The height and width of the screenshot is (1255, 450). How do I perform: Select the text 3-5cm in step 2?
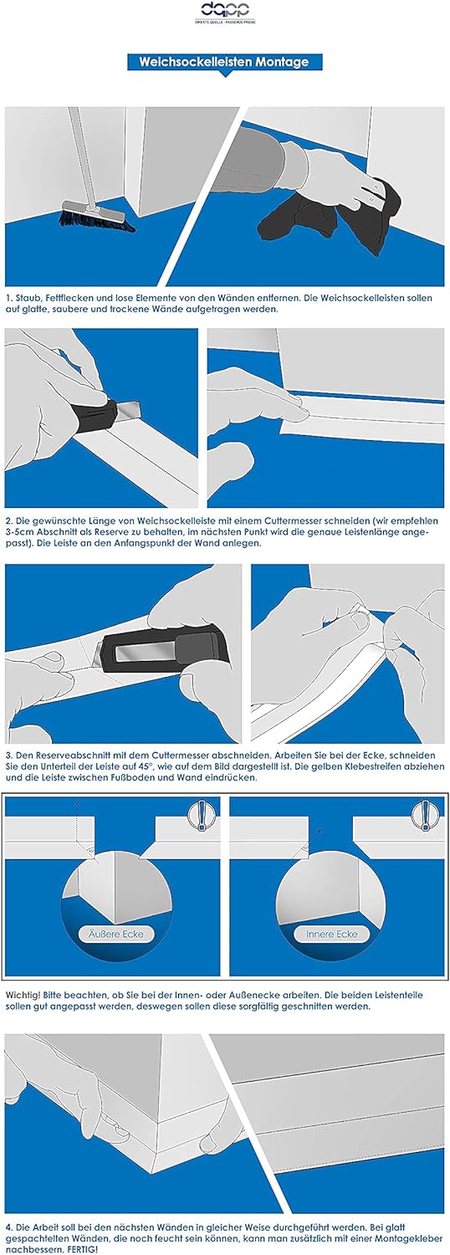[x=22, y=531]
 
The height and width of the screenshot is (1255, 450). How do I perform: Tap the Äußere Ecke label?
[x=116, y=934]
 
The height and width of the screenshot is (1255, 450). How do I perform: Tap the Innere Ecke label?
[x=332, y=934]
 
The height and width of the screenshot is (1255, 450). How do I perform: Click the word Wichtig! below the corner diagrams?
[x=23, y=995]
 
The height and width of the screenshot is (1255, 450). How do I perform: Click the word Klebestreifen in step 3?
[x=388, y=766]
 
